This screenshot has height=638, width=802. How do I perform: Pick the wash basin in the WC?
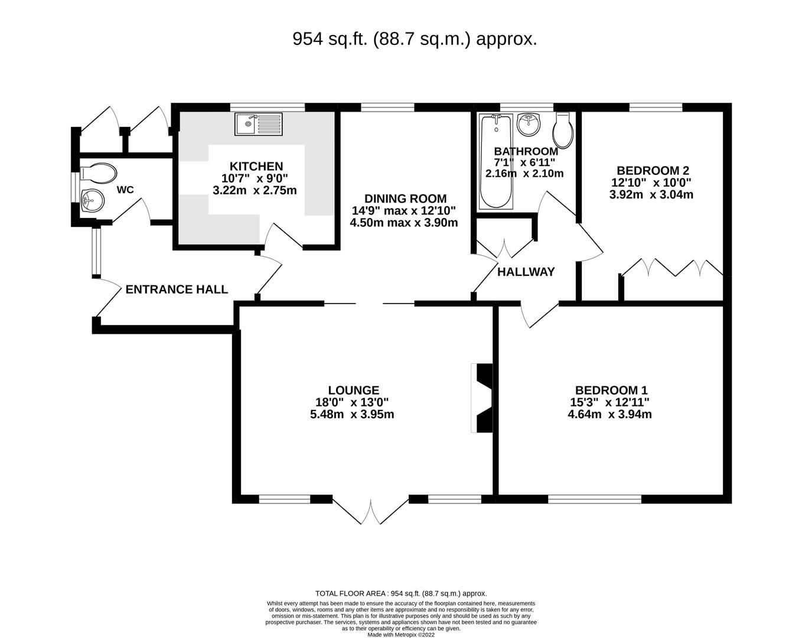[x=92, y=199]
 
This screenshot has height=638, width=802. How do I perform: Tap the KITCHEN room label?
[x=256, y=167]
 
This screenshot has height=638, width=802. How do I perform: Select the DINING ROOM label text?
[x=405, y=198]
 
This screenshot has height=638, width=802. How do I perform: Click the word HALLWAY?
[x=526, y=272]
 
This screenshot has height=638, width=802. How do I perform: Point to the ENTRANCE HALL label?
[x=177, y=289]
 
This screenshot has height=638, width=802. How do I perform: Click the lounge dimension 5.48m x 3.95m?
[x=352, y=415]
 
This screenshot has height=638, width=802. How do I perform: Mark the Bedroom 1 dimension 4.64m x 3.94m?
[x=609, y=415]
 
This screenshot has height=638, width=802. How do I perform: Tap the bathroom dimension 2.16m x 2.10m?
[x=524, y=174]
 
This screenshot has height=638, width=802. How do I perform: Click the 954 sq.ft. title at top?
[x=415, y=39]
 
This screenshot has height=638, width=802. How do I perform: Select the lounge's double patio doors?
[x=371, y=512]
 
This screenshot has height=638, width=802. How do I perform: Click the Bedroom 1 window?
[x=594, y=499]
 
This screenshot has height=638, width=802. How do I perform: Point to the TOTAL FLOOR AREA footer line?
[x=401, y=594]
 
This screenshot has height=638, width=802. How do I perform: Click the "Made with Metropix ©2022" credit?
[x=401, y=635]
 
